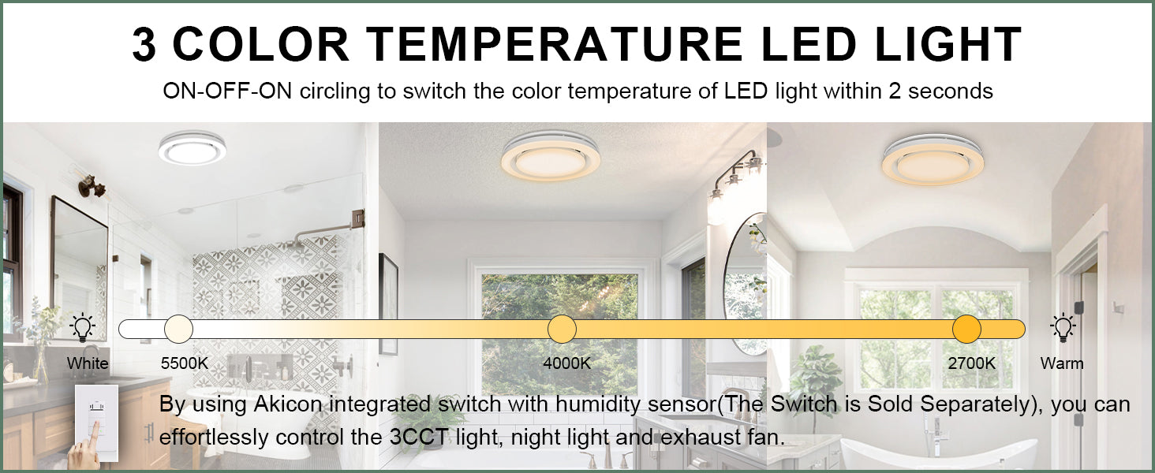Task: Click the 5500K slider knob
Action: coord(178,329)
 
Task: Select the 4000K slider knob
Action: coord(562,329)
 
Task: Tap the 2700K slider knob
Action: coord(966,329)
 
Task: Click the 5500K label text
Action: coord(184,363)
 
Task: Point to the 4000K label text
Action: coord(566,363)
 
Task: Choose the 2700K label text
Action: coord(971,363)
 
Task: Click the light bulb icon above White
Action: coord(83,328)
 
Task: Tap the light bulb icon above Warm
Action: coord(1062,328)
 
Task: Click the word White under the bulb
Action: coord(88,363)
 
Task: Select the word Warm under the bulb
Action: coord(1062,363)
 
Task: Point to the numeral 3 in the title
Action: coord(144,44)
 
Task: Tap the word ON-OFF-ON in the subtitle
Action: coord(227,91)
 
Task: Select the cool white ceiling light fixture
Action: coord(192,148)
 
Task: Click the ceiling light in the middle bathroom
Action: coord(551,155)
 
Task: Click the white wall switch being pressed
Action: coord(96,423)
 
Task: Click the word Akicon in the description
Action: coord(288,404)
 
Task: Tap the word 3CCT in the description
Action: coord(419,438)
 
